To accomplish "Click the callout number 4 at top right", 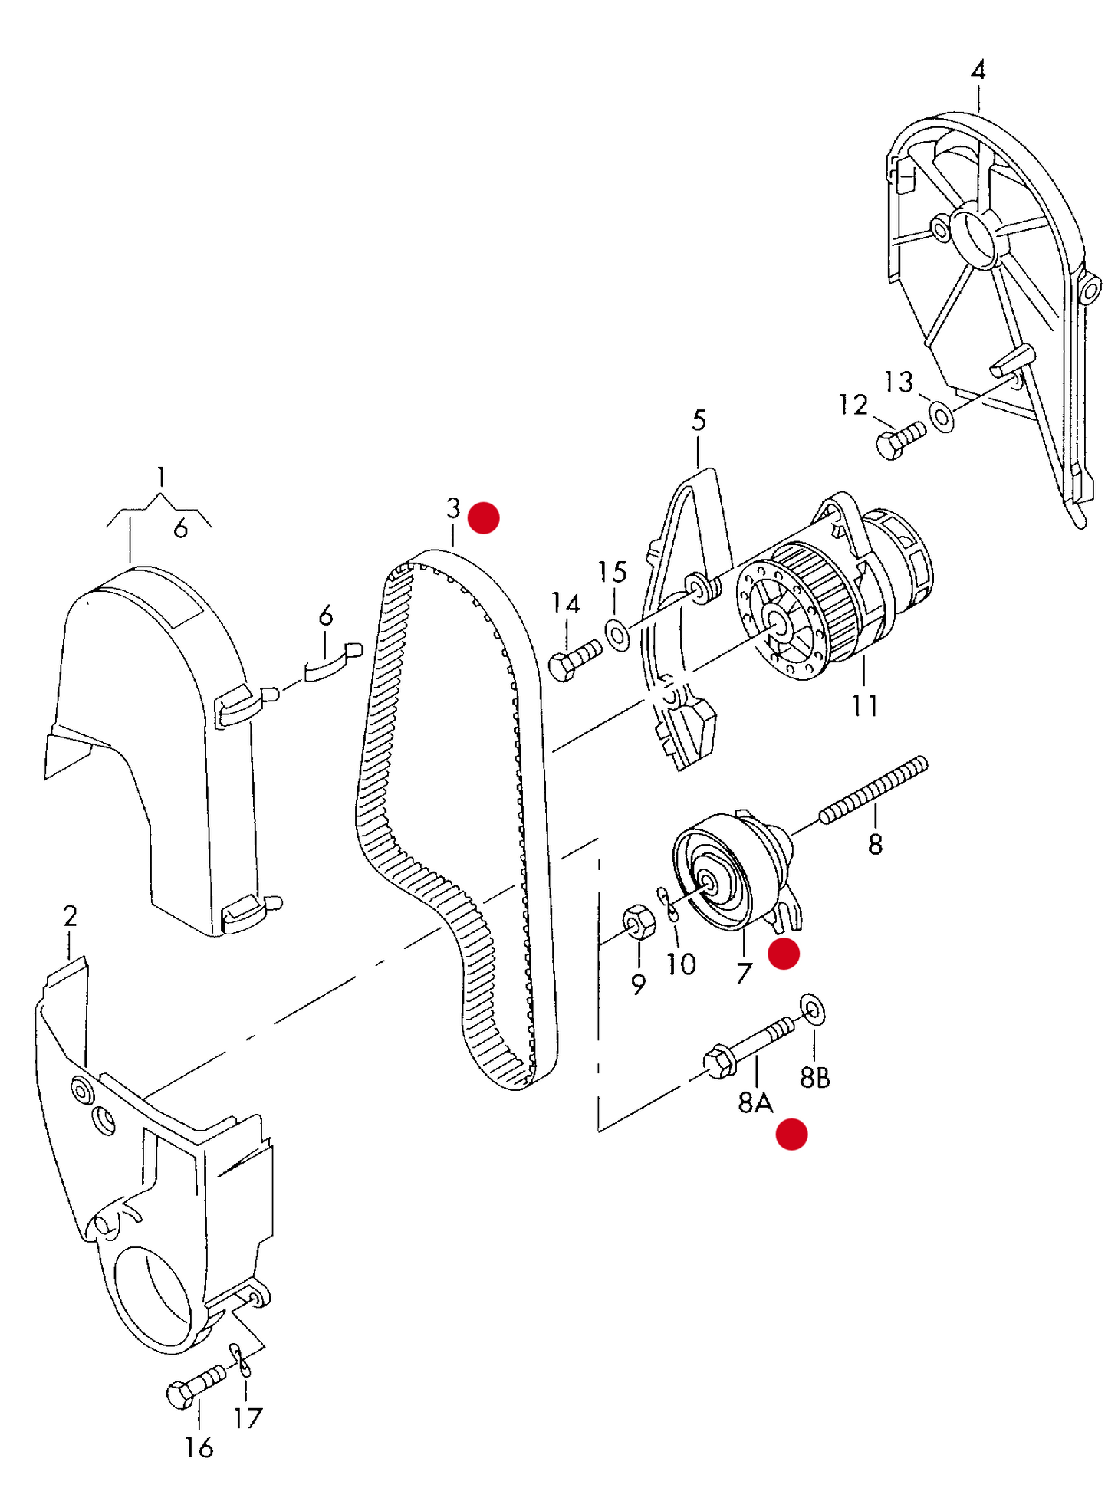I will [x=978, y=71].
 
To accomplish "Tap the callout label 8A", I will [x=755, y=1102].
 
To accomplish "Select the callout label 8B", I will [x=814, y=1078].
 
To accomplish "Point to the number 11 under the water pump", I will [x=865, y=705].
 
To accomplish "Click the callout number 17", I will [x=248, y=1418].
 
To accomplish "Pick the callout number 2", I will [x=70, y=916].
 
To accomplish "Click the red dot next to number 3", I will [x=484, y=517].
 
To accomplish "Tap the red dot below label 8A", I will [x=791, y=1134].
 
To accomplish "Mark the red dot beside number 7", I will [x=784, y=954].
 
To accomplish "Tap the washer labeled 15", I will [x=617, y=634].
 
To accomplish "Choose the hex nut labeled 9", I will [x=639, y=921].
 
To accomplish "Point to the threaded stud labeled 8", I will [x=874, y=790].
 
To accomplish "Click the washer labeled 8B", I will [x=812, y=1009].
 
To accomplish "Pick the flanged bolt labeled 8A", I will [x=748, y=1046].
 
